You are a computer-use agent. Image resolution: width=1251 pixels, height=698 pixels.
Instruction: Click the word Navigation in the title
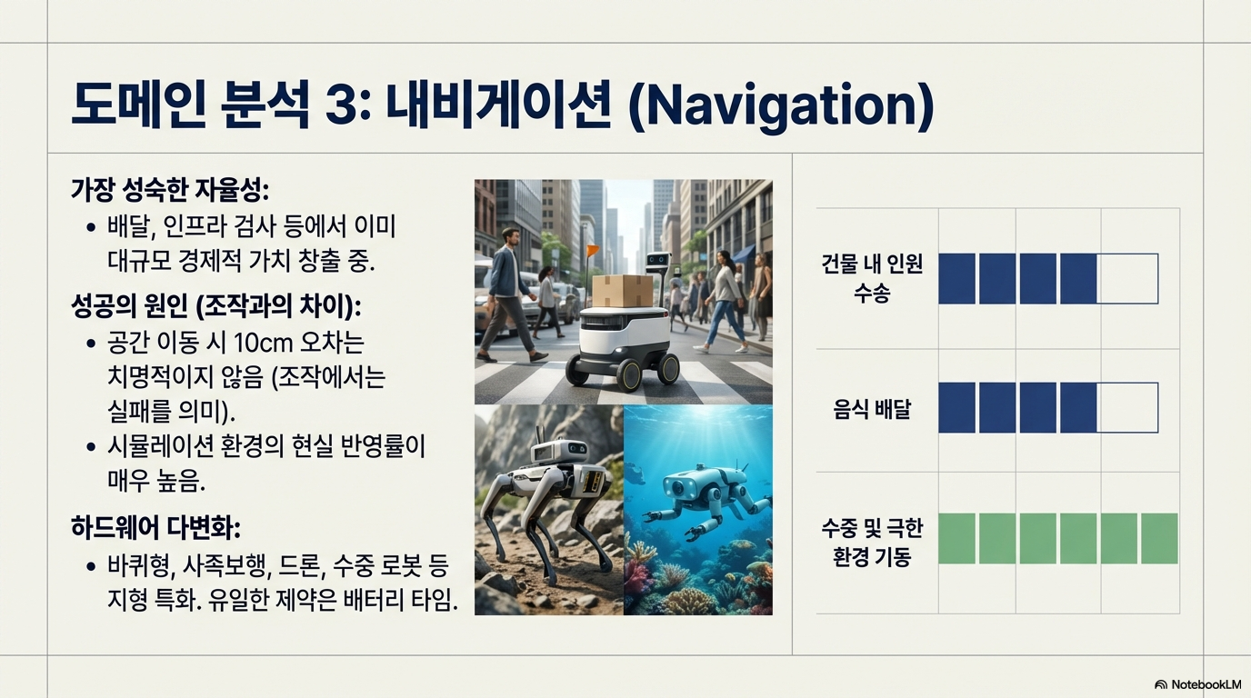[781, 106]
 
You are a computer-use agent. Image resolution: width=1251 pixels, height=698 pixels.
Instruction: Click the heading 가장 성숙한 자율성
[170, 191]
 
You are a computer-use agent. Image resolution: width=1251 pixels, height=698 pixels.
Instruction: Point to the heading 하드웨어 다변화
[155, 528]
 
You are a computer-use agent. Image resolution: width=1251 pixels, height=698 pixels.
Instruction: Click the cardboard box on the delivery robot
[622, 290]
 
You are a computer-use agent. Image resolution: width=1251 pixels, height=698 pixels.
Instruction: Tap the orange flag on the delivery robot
[593, 250]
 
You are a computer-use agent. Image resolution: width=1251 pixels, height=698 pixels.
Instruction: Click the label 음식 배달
[872, 409]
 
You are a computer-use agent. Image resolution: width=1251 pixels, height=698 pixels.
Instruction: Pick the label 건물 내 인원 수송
[872, 277]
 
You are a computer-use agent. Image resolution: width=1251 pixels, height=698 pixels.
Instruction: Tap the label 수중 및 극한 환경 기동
[872, 542]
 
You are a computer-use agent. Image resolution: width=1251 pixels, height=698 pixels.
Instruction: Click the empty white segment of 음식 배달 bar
[1127, 408]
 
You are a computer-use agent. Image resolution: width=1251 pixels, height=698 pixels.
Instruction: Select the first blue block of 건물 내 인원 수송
[956, 279]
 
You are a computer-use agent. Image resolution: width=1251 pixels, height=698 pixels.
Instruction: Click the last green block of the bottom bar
[1159, 538]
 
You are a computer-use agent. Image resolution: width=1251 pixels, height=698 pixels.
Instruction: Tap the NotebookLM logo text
[1206, 684]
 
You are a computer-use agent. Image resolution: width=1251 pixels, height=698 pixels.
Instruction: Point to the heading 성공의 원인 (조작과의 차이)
[216, 306]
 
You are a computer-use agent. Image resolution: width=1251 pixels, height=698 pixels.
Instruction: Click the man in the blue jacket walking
[508, 294]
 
